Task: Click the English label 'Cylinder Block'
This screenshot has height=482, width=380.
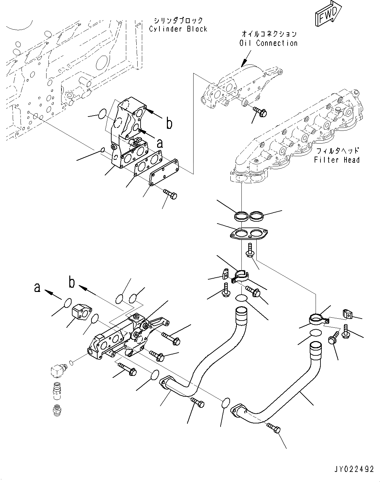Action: pyautogui.click(x=178, y=29)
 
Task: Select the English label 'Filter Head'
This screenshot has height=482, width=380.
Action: pyautogui.click(x=337, y=160)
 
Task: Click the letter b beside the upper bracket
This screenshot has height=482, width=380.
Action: pyautogui.click(x=169, y=124)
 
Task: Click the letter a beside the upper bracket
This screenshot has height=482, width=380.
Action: pyautogui.click(x=160, y=143)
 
